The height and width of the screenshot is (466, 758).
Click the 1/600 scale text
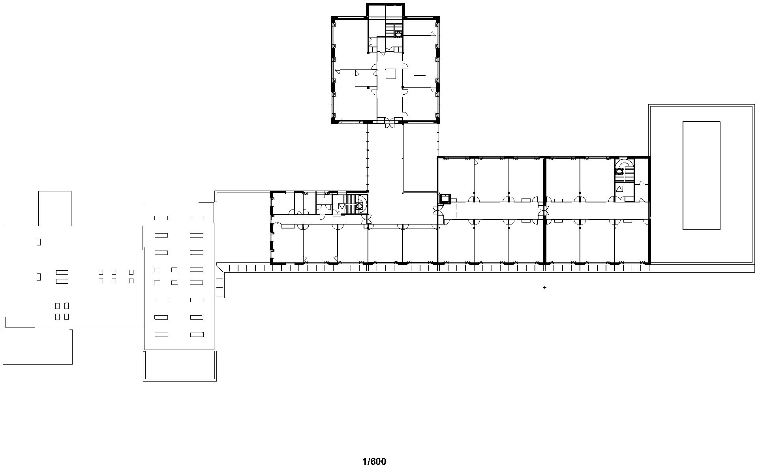[374, 461]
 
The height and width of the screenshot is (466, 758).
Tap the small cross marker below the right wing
[545, 288]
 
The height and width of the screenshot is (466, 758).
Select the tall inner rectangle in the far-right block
[701, 175]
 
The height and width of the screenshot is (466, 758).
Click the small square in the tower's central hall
[391, 74]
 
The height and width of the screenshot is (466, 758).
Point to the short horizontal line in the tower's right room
[420, 75]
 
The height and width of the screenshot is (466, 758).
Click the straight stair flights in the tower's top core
[390, 28]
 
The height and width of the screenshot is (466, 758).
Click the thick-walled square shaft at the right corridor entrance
[445, 198]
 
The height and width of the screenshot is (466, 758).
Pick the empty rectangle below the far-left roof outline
[38, 347]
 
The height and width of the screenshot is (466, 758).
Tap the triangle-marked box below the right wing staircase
[619, 189]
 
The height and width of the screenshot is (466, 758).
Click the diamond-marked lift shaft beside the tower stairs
[398, 34]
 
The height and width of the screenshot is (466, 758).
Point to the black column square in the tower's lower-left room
[368, 87]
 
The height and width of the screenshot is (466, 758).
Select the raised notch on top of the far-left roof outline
[54, 207]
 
